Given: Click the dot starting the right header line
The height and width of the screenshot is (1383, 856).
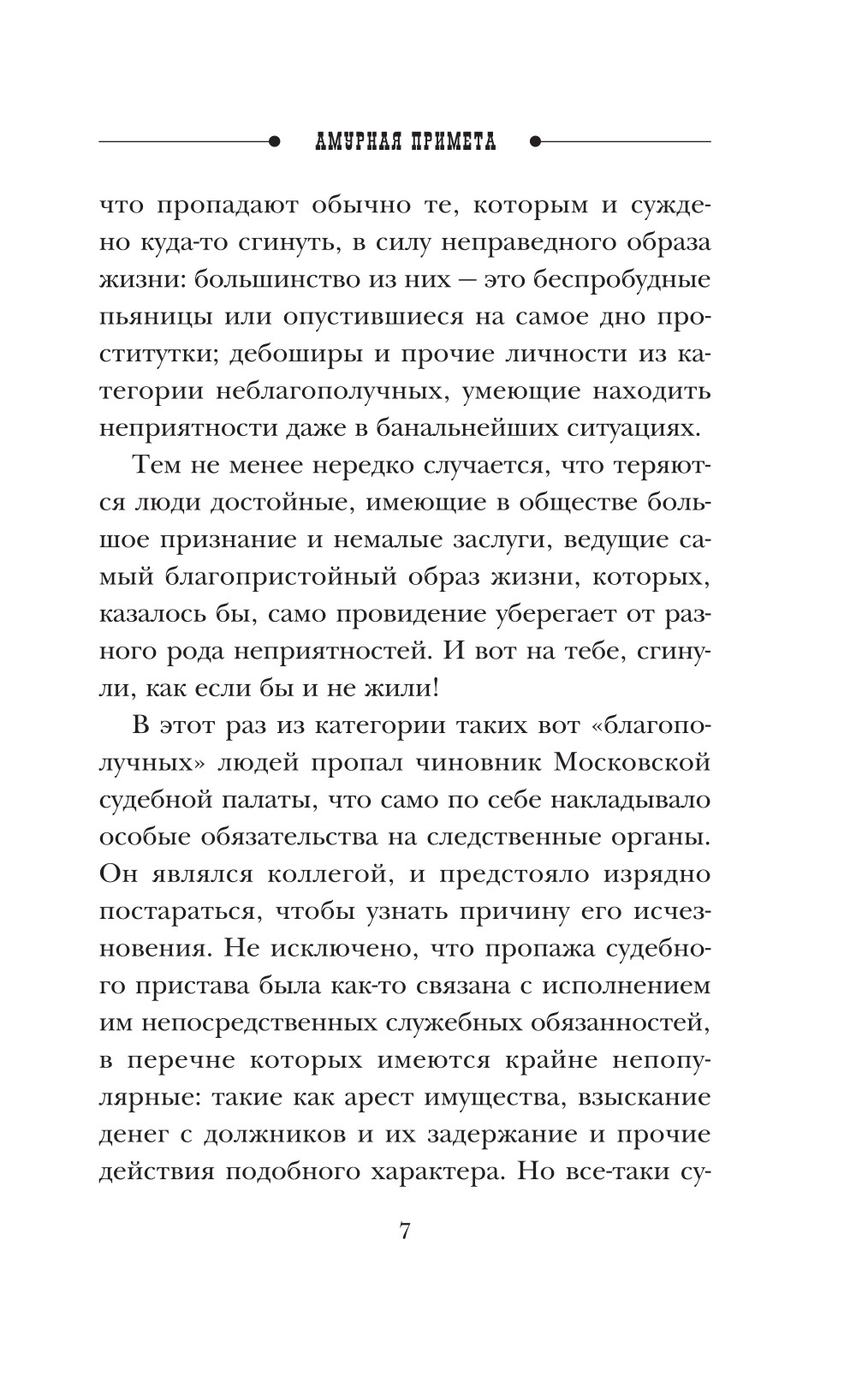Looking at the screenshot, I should [536, 140].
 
